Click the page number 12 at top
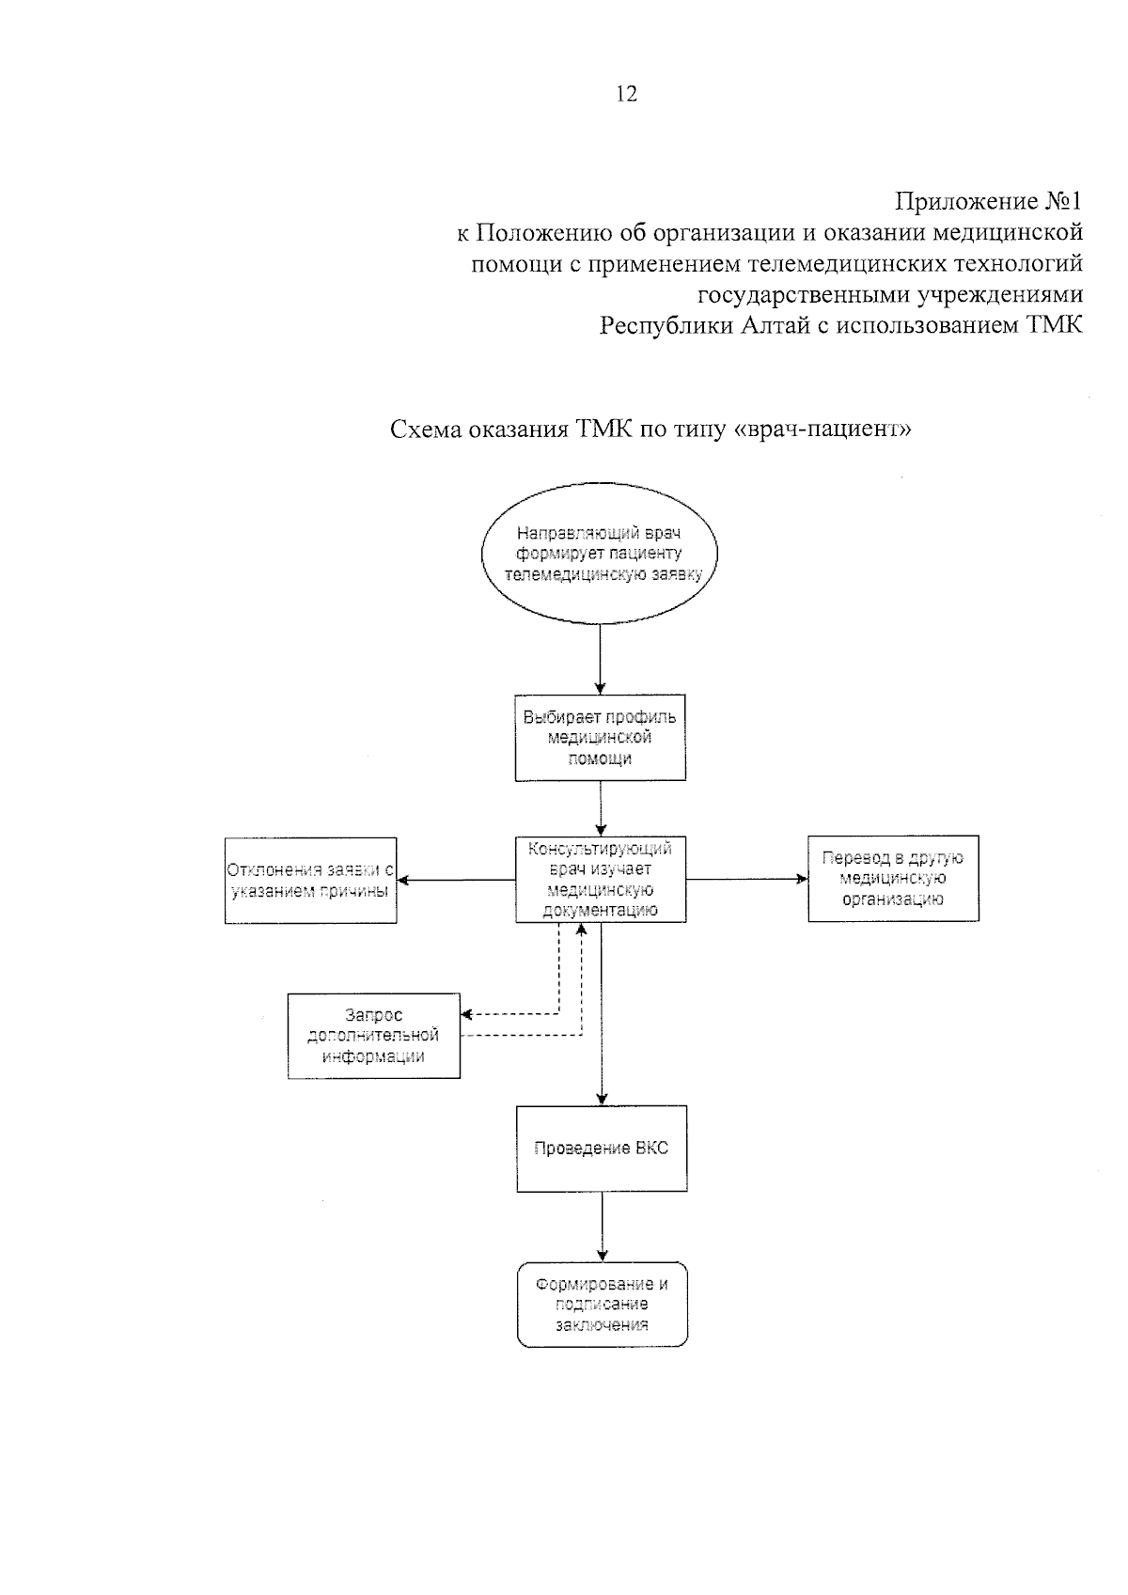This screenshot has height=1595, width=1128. tap(626, 94)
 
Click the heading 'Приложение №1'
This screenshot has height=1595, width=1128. tap(988, 201)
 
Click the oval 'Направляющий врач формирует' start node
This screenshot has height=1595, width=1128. tap(601, 555)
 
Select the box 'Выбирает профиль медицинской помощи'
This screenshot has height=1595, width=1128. tap(600, 738)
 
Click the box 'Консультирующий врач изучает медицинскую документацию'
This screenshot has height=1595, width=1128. tap(600, 879)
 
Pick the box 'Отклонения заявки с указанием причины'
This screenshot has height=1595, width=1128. tap(310, 880)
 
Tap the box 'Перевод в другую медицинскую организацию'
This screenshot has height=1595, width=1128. tap(893, 878)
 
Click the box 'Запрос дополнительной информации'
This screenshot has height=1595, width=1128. tap(373, 1035)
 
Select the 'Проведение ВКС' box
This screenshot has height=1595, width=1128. tap(601, 1149)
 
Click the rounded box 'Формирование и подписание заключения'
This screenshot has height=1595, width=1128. tap(602, 1305)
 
